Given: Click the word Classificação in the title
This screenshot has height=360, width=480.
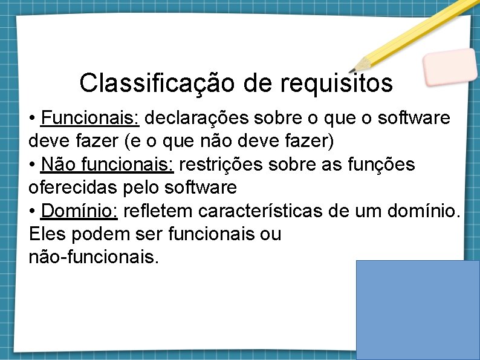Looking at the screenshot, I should pyautogui.click(x=159, y=83).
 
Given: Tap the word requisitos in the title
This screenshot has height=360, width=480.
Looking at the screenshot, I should pyautogui.click(x=337, y=83).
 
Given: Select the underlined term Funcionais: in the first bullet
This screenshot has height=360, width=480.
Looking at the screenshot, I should pyautogui.click(x=91, y=117).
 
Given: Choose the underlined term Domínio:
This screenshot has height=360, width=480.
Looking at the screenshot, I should pyautogui.click(x=79, y=211).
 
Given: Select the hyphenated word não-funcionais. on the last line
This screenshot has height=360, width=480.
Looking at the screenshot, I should pyautogui.click(x=94, y=257).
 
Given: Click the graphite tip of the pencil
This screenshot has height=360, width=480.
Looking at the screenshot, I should pyautogui.click(x=356, y=67).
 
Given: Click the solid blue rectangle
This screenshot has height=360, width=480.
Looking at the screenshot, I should pyautogui.click(x=418, y=310).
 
